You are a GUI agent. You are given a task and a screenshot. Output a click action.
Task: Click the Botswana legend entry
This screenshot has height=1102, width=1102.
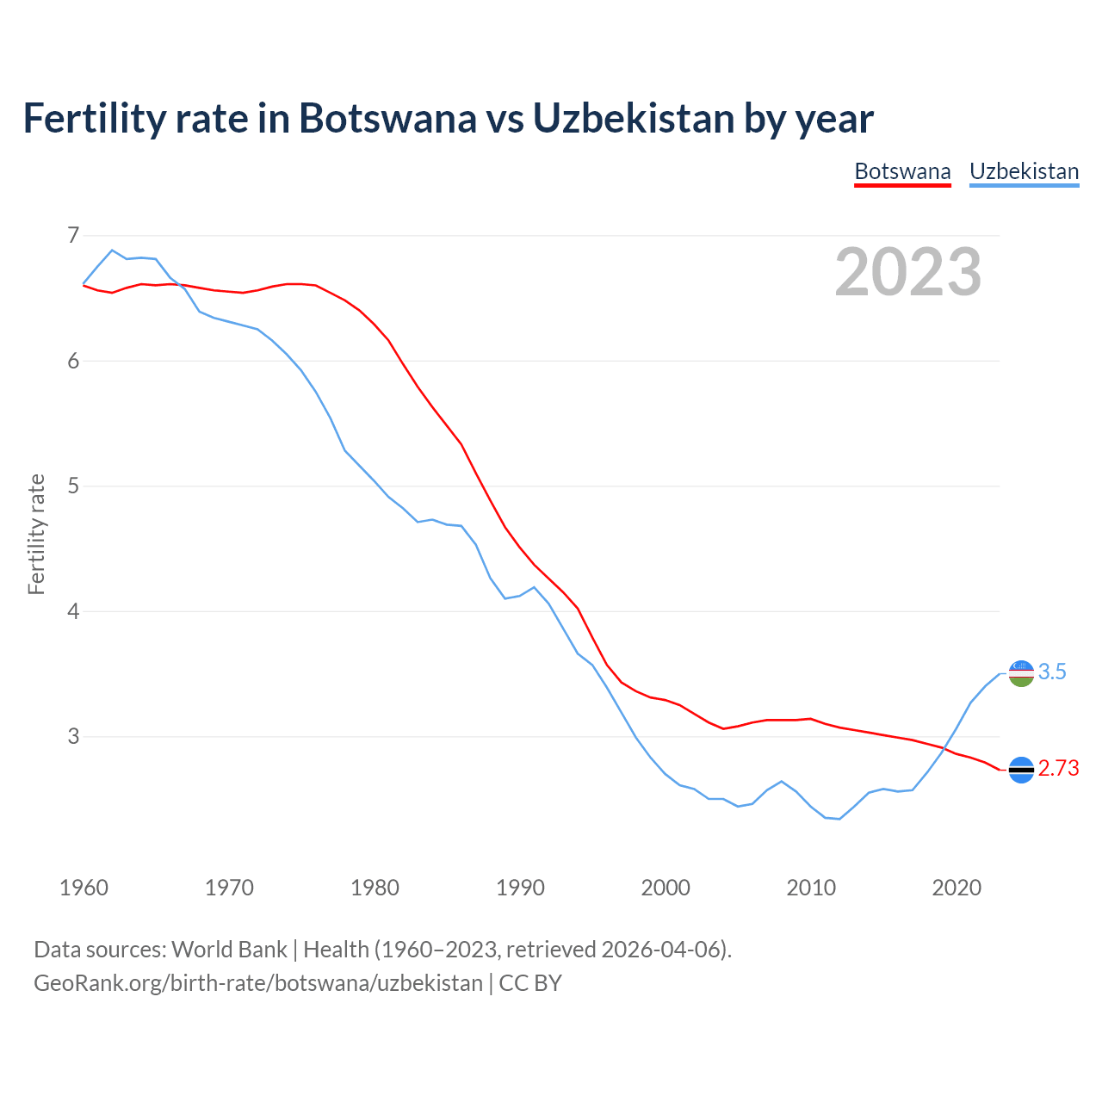[902, 171]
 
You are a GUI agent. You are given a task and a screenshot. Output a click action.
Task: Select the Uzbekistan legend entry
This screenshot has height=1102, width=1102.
[1024, 171]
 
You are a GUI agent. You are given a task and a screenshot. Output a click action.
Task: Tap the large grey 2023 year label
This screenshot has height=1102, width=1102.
[908, 272]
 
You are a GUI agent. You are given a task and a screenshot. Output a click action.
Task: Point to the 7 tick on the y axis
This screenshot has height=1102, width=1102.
[72, 235]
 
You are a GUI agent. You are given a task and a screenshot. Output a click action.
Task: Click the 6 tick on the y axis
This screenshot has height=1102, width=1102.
[72, 361]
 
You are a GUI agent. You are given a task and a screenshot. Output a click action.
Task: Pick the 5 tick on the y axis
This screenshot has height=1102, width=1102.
[72, 486]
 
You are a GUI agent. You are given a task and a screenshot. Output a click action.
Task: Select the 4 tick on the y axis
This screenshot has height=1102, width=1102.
[72, 611]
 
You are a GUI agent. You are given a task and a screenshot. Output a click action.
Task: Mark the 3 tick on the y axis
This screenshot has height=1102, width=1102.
[72, 737]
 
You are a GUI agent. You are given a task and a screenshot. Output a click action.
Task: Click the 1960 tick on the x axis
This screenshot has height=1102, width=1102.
[84, 888]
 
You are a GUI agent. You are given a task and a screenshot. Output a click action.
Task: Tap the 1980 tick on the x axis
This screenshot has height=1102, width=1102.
[375, 888]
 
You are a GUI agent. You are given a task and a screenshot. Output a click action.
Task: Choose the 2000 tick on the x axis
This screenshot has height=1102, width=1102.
[666, 888]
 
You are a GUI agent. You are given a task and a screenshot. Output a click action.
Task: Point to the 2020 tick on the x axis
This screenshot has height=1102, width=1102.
[957, 888]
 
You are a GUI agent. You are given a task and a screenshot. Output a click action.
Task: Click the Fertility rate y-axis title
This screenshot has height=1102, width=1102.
[36, 534]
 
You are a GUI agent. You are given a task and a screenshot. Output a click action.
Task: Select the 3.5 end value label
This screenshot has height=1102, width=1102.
[1052, 672]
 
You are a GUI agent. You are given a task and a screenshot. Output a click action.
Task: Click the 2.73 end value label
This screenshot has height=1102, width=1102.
[1058, 769]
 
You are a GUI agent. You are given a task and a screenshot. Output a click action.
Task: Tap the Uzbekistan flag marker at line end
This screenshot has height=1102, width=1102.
[1021, 673]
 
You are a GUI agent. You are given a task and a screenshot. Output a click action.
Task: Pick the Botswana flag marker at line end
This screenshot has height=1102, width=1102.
[1021, 770]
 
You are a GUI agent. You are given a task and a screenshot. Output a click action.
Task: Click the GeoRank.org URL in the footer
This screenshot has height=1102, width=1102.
[258, 983]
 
